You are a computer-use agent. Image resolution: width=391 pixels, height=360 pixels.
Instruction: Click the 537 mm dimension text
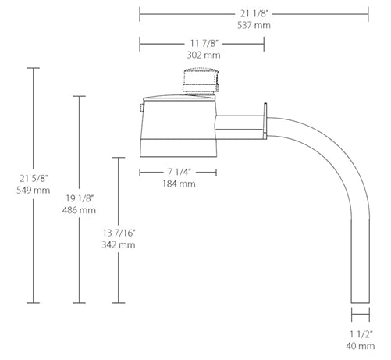click(254, 25)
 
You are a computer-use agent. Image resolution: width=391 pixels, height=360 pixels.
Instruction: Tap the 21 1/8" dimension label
click(254, 13)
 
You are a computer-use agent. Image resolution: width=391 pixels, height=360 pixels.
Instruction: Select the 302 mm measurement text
click(204, 55)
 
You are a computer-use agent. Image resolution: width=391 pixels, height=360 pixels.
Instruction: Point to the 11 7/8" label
click(204, 43)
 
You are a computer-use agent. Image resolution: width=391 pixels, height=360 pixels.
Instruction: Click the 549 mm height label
click(34, 191)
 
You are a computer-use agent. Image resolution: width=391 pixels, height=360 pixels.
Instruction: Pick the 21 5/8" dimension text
click(34, 179)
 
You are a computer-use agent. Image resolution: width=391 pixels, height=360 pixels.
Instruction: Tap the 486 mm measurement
click(79, 210)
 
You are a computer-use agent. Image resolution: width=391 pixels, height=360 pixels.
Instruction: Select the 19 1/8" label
click(80, 198)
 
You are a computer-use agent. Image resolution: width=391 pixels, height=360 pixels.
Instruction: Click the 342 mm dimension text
click(119, 245)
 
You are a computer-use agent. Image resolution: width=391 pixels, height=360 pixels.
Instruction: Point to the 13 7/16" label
click(119, 233)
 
